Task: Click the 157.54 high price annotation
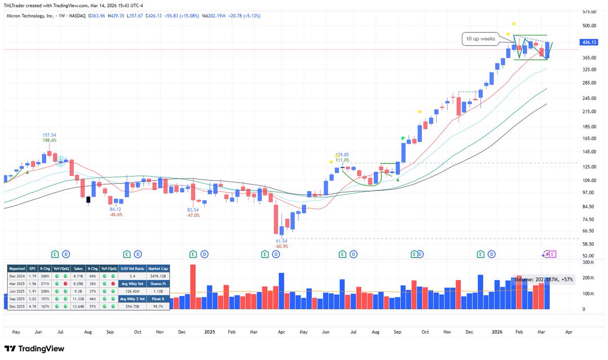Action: coord(50,135)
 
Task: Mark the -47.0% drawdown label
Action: coord(194,215)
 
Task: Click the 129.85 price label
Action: coord(343,155)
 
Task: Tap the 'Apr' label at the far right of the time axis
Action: coord(568,332)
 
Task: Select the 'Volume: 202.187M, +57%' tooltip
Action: coord(544,279)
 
